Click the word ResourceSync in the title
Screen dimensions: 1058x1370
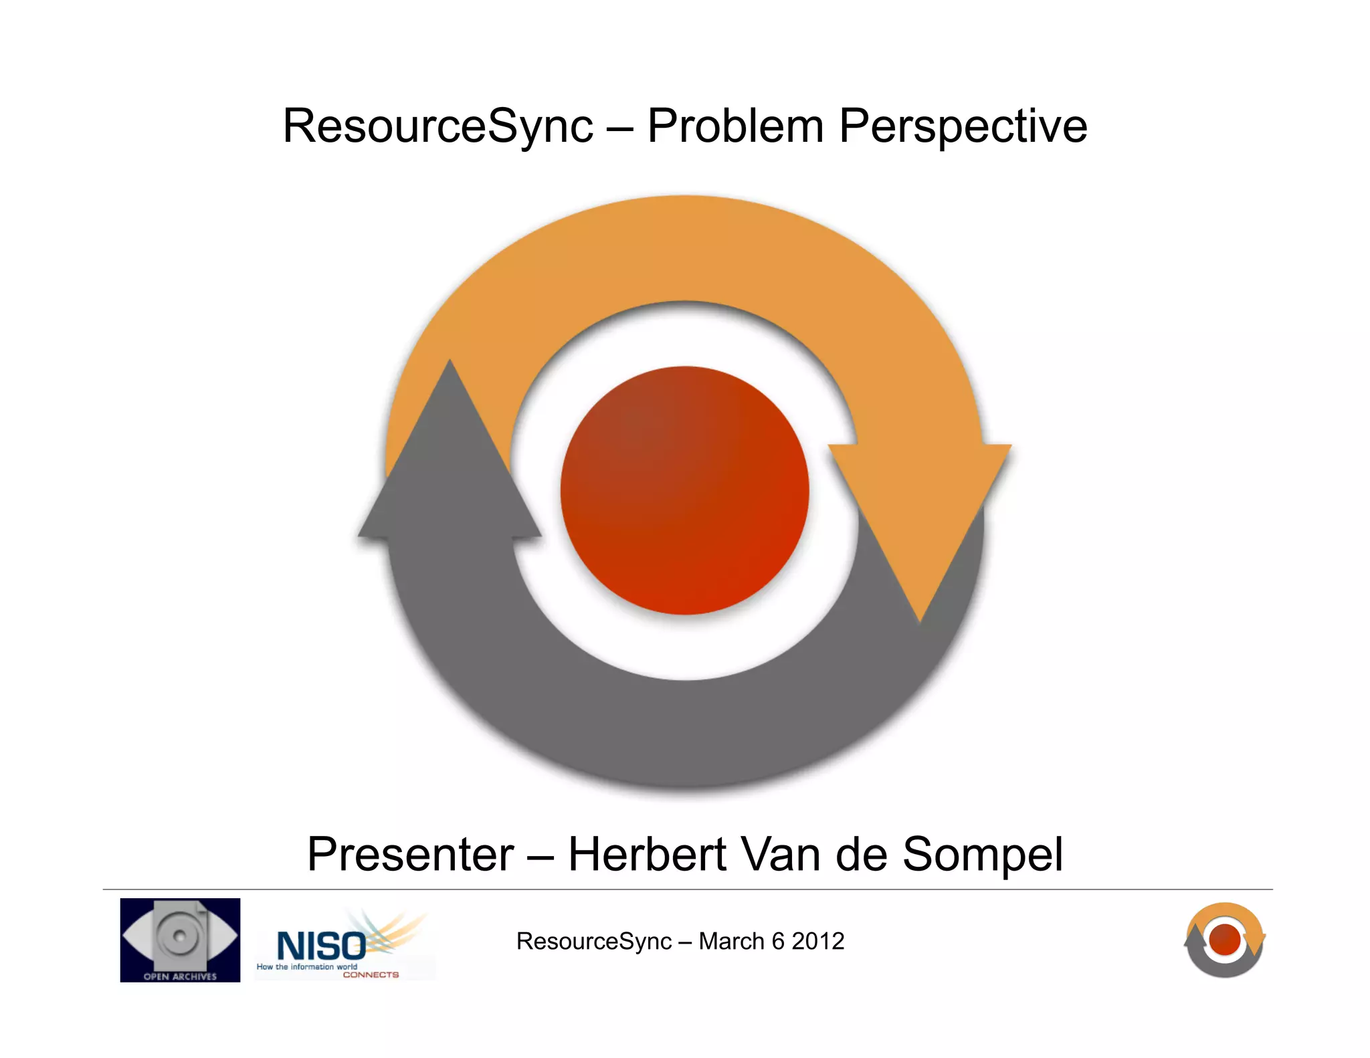438,126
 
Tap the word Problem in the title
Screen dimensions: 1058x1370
735,126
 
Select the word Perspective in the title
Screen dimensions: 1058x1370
963,126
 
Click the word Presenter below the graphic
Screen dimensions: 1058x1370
410,855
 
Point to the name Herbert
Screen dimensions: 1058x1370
647,855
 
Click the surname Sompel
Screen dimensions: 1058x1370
983,855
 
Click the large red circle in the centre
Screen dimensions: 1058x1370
684,490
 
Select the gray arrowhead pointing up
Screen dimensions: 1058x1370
450,468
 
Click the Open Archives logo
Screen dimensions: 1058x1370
180,940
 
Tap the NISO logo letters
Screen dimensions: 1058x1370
321,946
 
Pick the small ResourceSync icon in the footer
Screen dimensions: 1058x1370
1224,940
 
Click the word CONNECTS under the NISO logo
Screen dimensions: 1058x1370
371,975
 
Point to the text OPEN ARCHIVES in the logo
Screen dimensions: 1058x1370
180,976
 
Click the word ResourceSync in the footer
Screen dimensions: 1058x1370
593,942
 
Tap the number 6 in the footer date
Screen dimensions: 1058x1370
778,942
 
